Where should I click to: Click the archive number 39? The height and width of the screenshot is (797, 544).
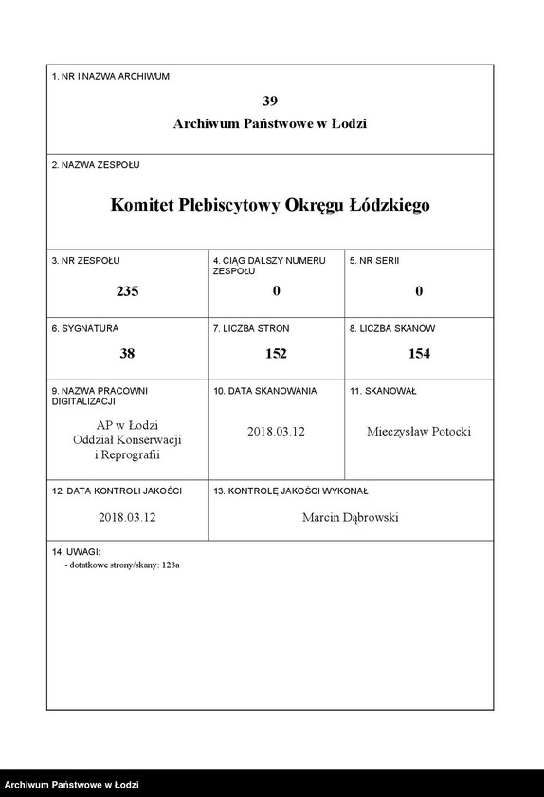(270, 101)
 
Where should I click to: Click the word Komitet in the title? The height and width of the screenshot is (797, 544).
(141, 204)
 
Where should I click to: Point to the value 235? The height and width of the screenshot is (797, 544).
(127, 291)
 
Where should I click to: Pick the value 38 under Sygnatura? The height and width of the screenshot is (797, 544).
(127, 353)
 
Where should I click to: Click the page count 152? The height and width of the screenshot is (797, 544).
(276, 353)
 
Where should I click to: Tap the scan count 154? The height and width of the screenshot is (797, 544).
(418, 353)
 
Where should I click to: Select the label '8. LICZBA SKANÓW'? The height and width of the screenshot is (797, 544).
(391, 328)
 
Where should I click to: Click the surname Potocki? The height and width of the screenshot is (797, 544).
(447, 432)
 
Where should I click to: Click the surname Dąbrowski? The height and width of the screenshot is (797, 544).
(375, 518)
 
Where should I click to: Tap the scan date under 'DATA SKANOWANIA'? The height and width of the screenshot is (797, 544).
(276, 432)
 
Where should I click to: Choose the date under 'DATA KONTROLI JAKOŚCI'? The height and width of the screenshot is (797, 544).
(127, 518)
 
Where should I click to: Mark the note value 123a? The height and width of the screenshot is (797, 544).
(170, 565)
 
